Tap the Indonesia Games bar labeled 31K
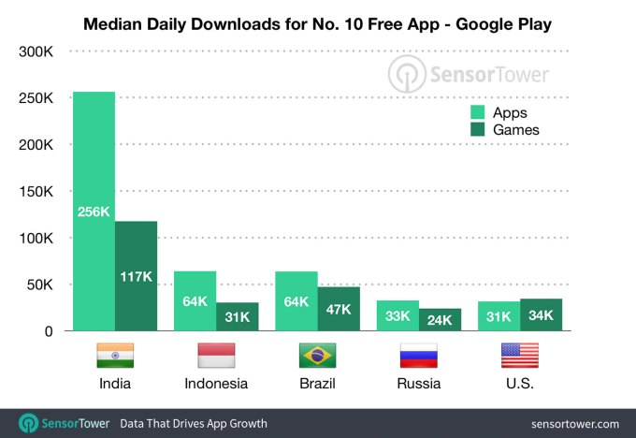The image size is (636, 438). point(238,316)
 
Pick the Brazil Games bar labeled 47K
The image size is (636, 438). point(339,309)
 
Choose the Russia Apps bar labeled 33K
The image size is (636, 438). point(397,315)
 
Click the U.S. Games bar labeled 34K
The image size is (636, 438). point(542,314)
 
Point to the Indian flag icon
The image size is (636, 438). point(115,356)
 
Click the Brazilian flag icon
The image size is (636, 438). point(317,356)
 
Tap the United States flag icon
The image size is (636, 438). point(519,356)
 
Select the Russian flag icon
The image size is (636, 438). point(418,356)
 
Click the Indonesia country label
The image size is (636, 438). point(216,384)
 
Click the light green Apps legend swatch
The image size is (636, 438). point(478,112)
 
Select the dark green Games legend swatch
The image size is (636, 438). point(478,130)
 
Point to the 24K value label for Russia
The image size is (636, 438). point(440,320)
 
